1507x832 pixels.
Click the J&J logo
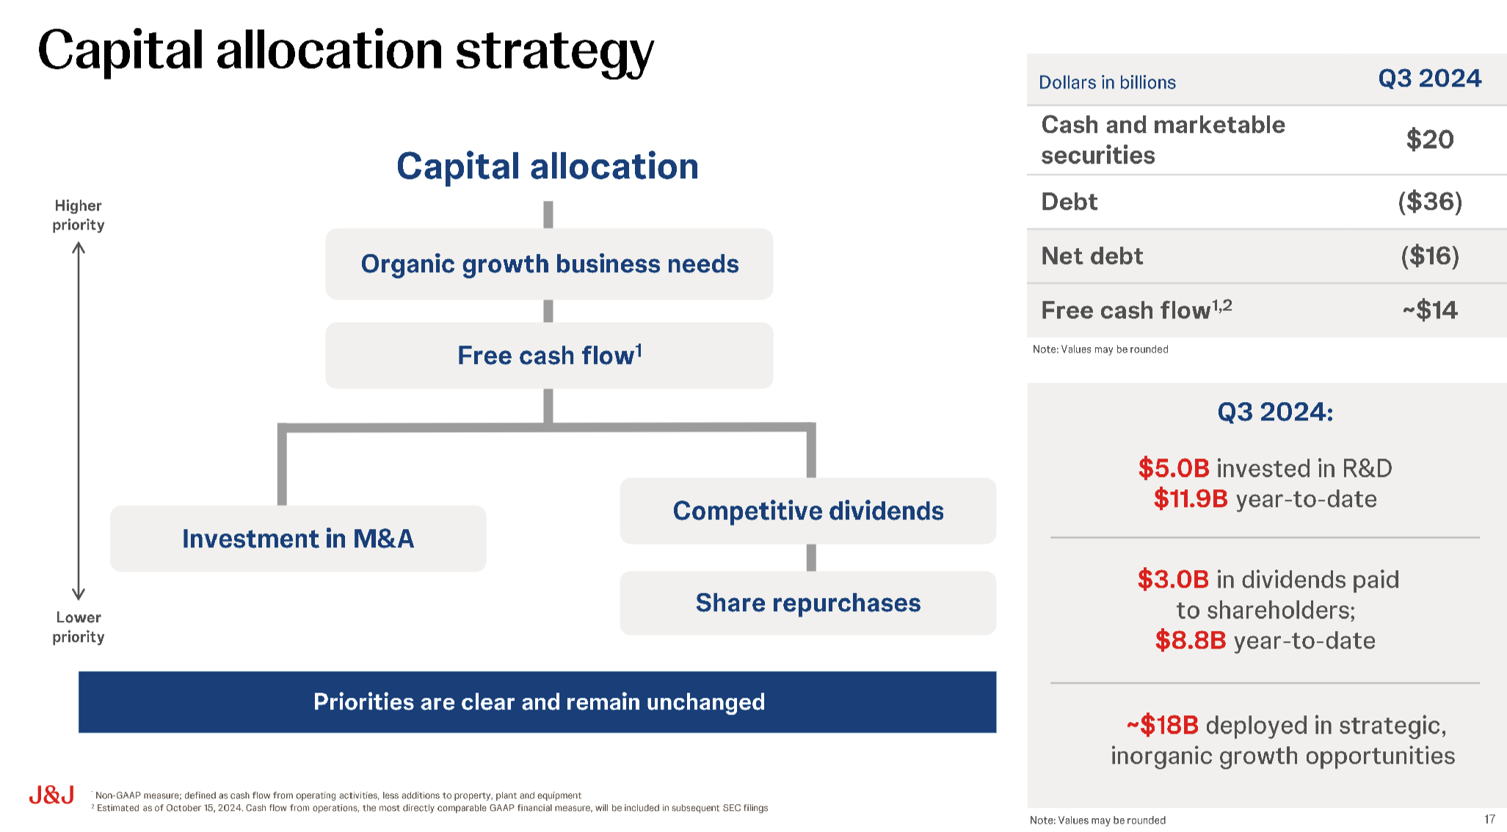click(51, 795)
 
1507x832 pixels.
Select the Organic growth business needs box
click(549, 263)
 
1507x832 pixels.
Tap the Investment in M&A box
click(298, 539)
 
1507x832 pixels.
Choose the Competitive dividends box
click(808, 511)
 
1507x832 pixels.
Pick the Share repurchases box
click(808, 603)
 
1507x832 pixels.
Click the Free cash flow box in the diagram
click(549, 355)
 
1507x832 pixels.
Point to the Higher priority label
click(79, 215)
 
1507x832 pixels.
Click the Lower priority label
click(79, 627)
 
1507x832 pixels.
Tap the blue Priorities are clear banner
click(537, 702)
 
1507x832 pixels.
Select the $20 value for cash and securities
click(1430, 139)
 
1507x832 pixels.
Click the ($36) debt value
click(1430, 202)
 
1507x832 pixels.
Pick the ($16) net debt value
click(1430, 256)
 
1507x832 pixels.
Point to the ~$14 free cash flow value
click(1430, 310)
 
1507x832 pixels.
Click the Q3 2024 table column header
click(1430, 79)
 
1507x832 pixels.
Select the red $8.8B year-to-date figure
click(1191, 641)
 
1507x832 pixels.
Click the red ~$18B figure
click(1163, 726)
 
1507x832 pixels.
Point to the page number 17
click(1489, 819)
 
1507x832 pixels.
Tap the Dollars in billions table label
click(1107, 82)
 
